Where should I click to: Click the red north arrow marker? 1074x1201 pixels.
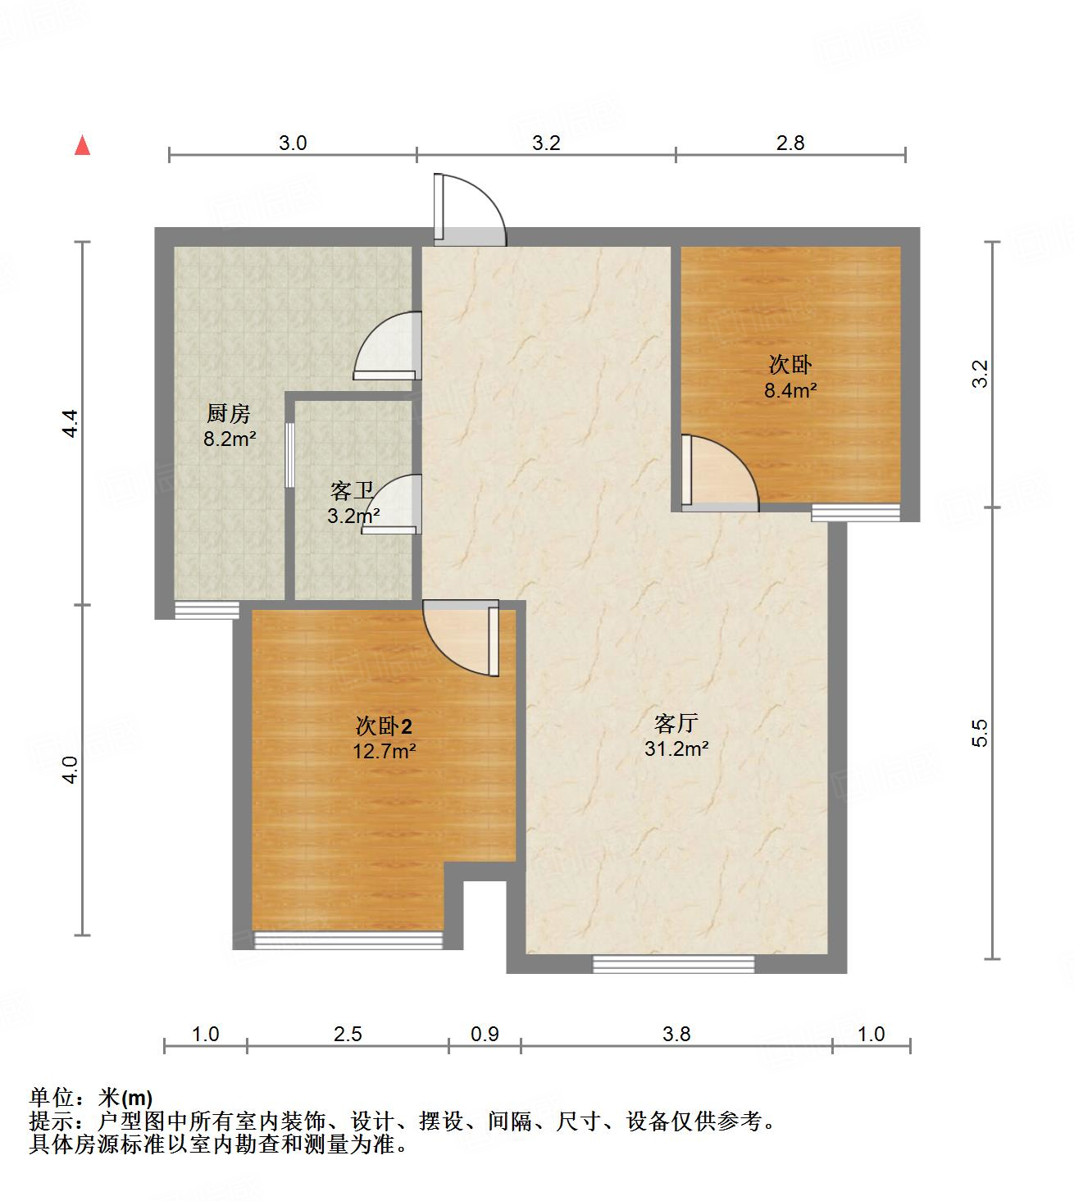(82, 146)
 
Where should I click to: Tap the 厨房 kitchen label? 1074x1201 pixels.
(228, 413)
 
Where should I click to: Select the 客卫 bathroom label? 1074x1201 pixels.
(353, 491)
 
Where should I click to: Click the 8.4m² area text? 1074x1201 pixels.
(790, 390)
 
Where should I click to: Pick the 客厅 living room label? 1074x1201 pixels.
(676, 723)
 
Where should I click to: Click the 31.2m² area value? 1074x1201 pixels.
(676, 748)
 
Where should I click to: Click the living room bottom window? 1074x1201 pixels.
(673, 964)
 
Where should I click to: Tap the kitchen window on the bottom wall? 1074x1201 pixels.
(207, 610)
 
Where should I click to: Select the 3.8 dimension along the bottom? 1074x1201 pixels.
(677, 1034)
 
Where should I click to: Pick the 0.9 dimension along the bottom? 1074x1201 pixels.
(485, 1034)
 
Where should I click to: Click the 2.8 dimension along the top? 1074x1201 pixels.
(790, 143)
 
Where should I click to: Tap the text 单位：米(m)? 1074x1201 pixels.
(91, 1097)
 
